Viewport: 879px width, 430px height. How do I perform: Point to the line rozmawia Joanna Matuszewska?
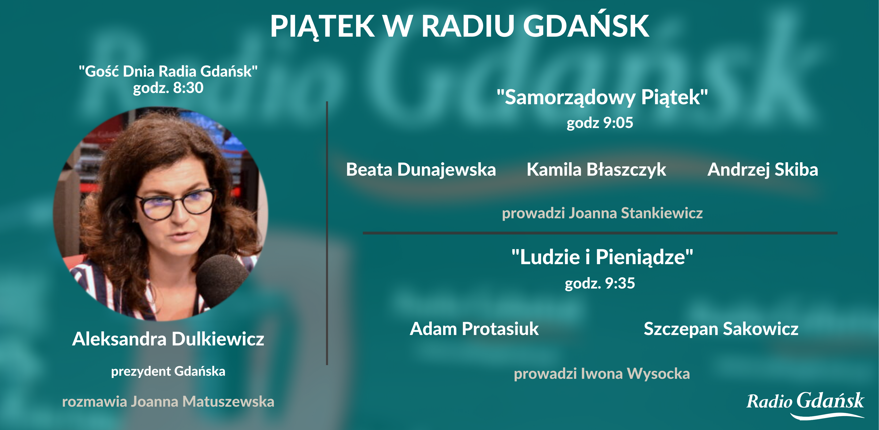tap(168, 401)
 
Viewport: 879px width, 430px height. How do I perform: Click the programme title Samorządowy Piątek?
tap(602, 97)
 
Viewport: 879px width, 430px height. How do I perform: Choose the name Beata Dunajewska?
tap(421, 170)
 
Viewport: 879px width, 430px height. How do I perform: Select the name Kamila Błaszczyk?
tap(596, 170)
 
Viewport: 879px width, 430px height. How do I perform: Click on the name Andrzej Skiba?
tap(763, 170)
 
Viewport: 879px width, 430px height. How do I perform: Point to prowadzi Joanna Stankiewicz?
tap(602, 213)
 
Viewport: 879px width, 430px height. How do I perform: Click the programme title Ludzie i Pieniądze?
tap(602, 257)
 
